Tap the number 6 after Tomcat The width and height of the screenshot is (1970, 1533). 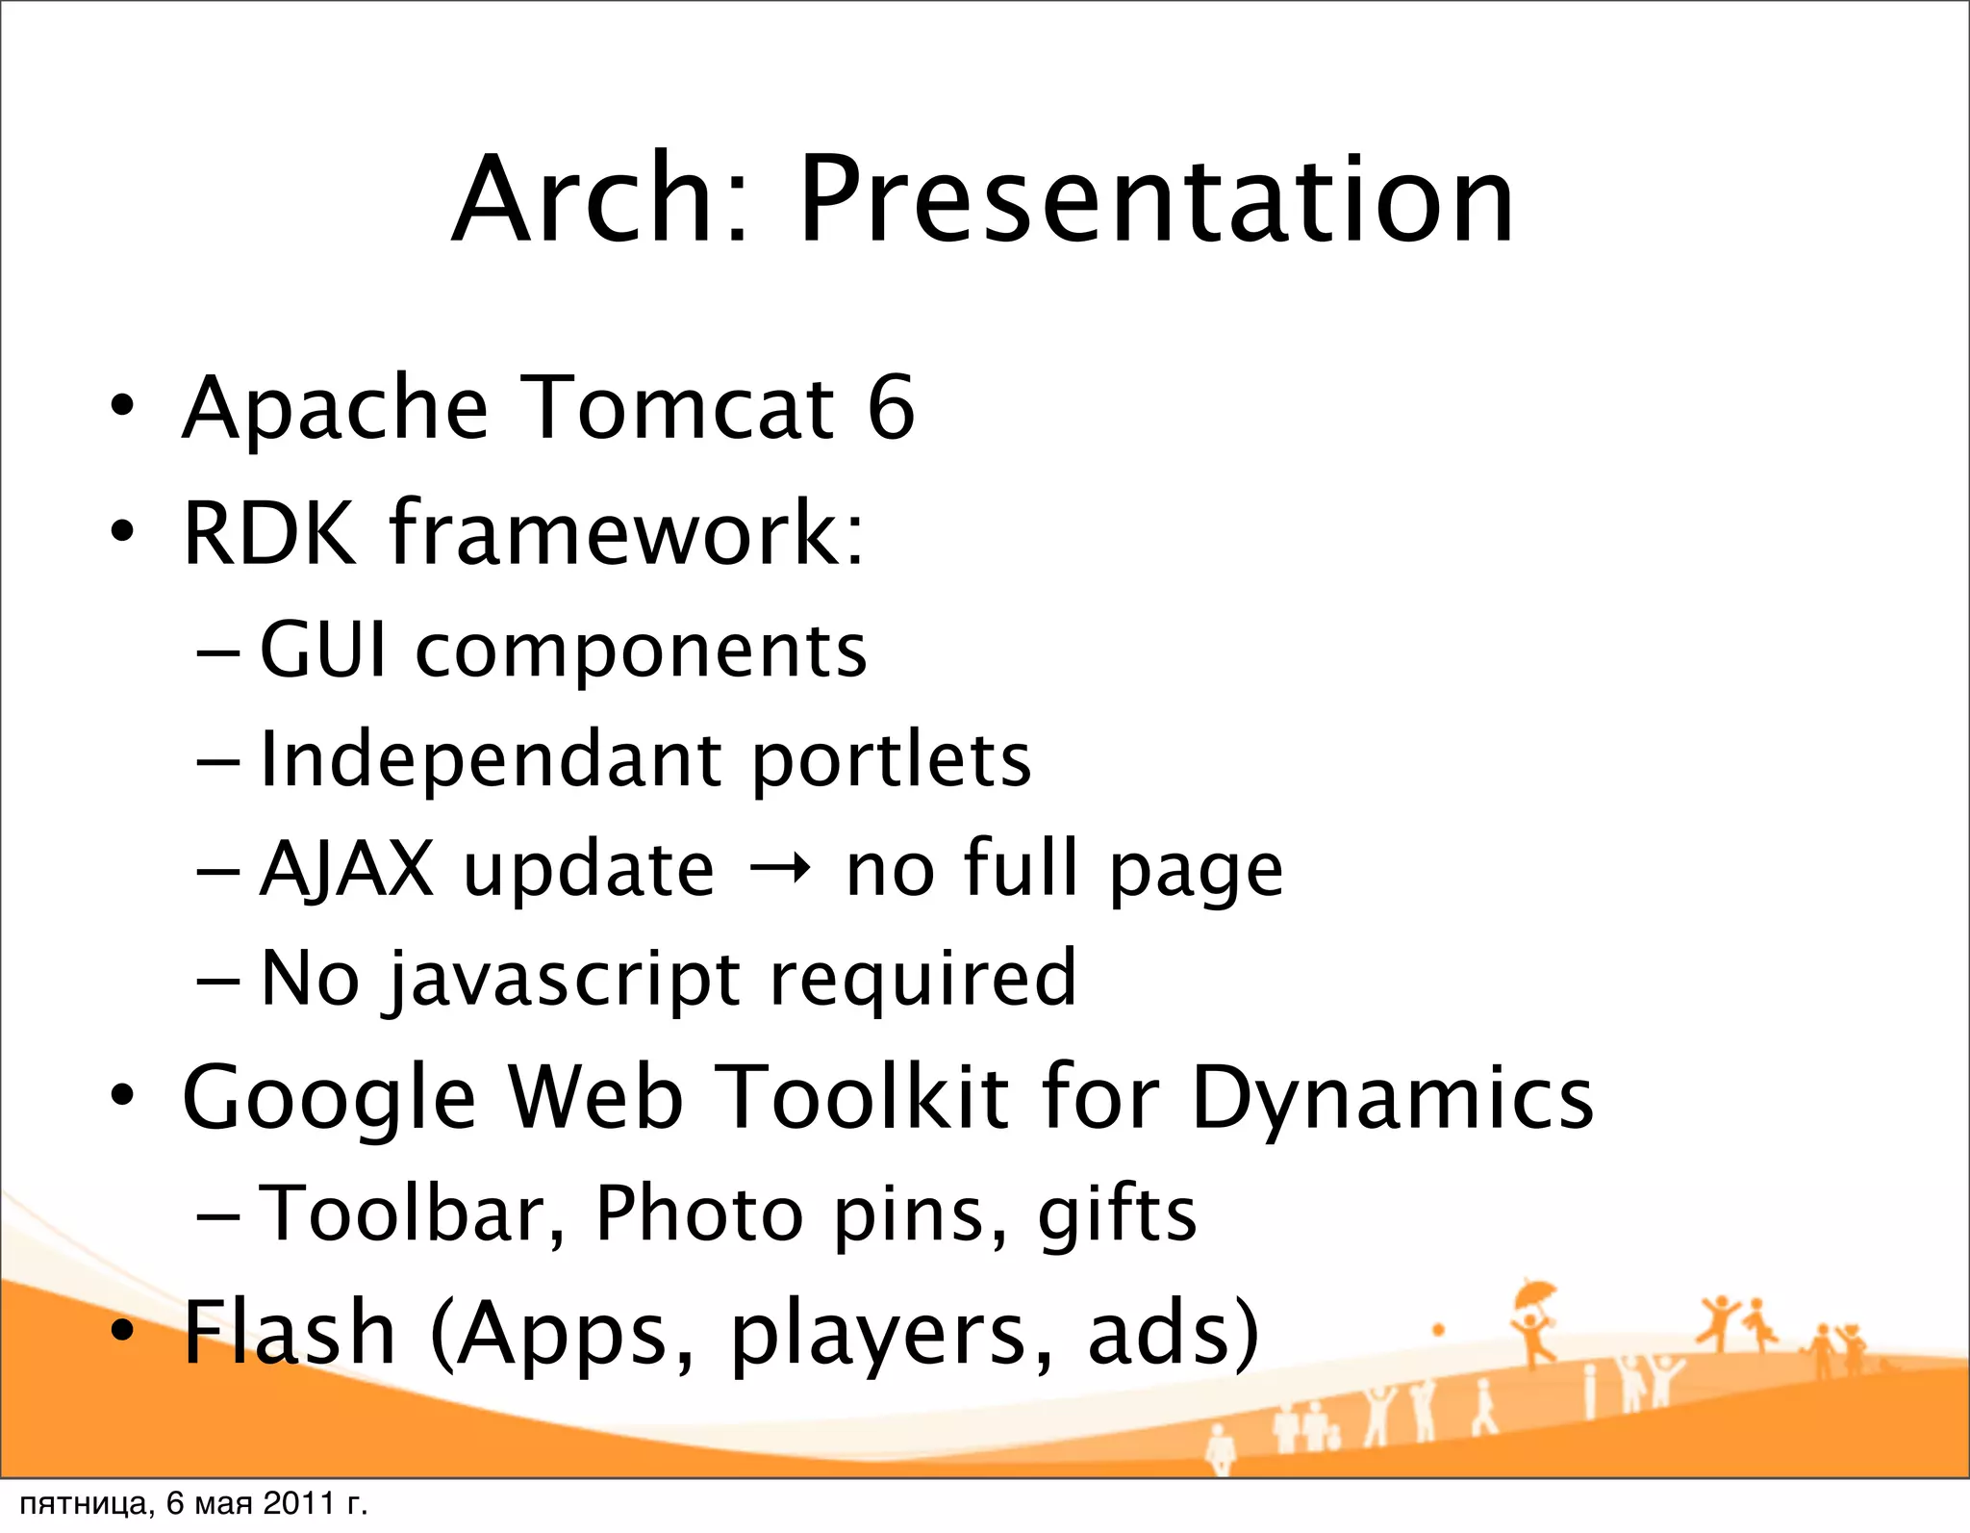891,408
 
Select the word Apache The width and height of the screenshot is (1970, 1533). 336,410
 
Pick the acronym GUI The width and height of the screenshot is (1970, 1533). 323,651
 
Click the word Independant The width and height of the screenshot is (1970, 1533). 490,760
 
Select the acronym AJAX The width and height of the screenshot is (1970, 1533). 347,869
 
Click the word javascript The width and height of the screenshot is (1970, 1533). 564,980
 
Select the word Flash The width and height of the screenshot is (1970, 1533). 290,1332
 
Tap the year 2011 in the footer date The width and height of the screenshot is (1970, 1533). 298,1503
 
